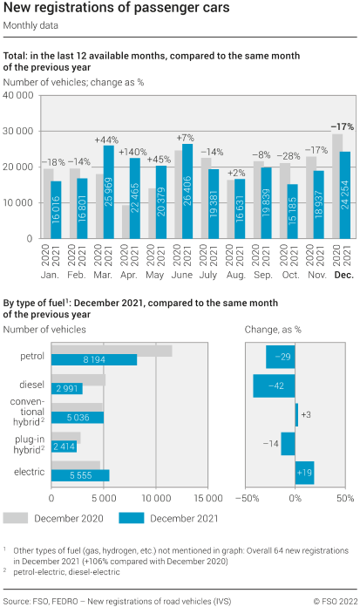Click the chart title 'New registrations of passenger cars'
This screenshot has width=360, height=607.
click(x=117, y=9)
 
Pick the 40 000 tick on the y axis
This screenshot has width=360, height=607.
click(x=18, y=95)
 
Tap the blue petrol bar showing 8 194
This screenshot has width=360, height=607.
click(x=94, y=359)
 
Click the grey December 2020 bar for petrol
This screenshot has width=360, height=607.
click(x=112, y=351)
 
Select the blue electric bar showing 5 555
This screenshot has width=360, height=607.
click(x=80, y=475)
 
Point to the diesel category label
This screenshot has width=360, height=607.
click(x=32, y=384)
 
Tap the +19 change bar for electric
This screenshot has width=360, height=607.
click(x=304, y=472)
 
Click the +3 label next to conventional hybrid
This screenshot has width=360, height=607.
click(x=306, y=414)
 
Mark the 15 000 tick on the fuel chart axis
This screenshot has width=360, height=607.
click(x=208, y=499)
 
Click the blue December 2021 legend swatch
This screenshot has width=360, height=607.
click(x=132, y=518)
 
